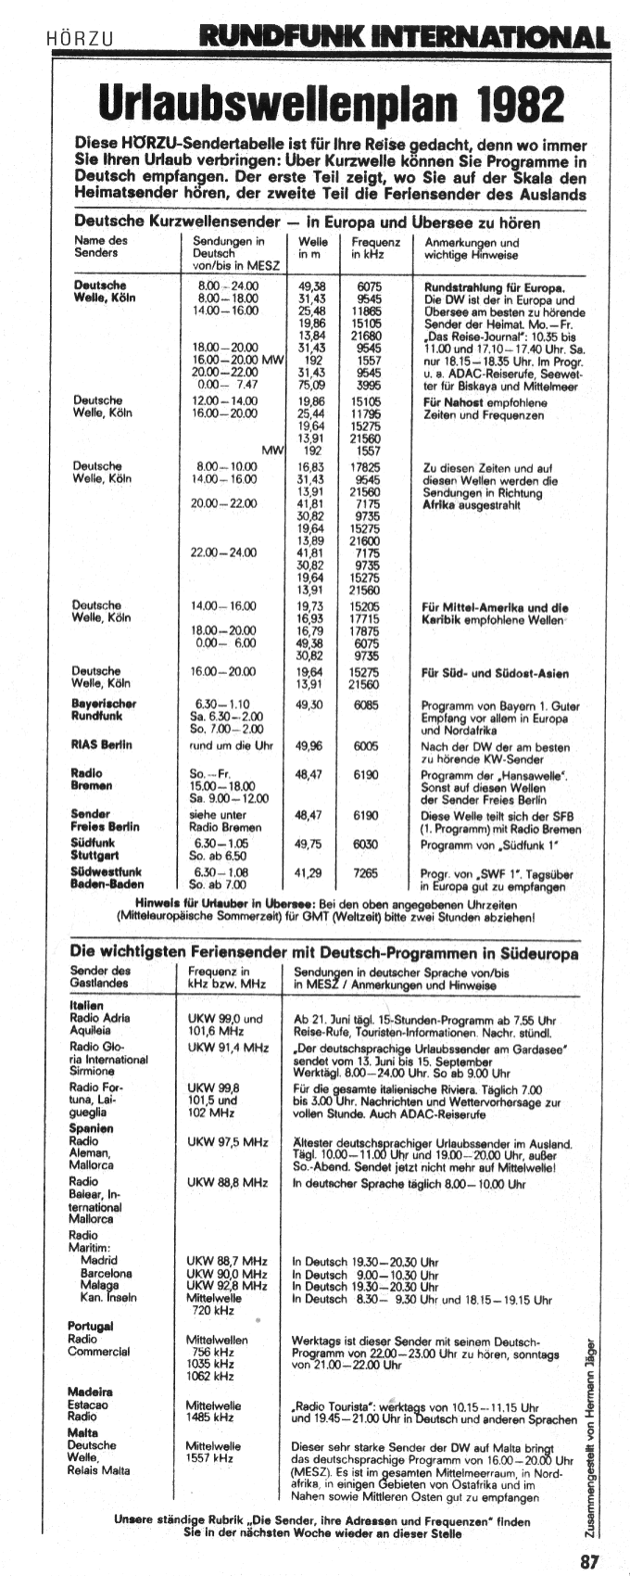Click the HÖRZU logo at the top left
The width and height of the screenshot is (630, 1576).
click(x=80, y=39)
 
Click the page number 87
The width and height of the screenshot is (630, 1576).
click(x=590, y=1561)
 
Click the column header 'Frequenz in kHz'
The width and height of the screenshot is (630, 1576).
click(x=375, y=248)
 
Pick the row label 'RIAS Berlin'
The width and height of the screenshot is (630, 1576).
click(x=101, y=744)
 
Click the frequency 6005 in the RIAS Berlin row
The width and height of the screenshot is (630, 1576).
click(x=366, y=744)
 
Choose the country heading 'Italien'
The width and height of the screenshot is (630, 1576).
click(x=86, y=1005)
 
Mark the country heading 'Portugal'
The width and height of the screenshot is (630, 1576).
click(x=90, y=1326)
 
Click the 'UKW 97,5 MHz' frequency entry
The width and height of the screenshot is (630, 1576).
click(x=228, y=1142)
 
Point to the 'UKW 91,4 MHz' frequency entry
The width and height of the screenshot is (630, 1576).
click(x=228, y=1048)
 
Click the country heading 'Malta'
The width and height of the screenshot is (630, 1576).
click(x=82, y=1432)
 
